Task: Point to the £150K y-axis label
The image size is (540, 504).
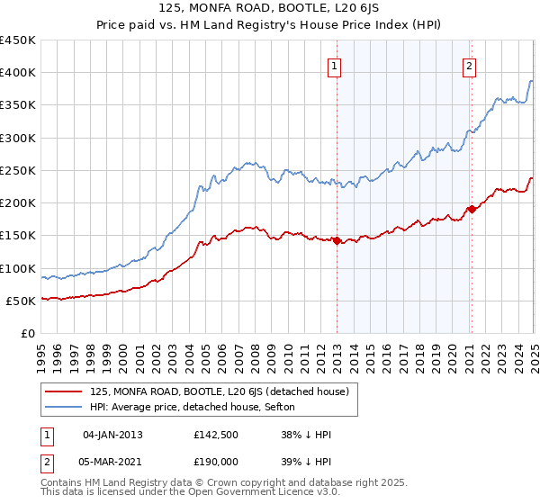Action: tap(18, 236)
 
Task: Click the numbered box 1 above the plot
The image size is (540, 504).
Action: tap(334, 65)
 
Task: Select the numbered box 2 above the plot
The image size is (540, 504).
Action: tap(470, 65)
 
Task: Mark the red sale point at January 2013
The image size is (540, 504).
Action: tap(337, 240)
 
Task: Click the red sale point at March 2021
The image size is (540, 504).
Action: tap(471, 210)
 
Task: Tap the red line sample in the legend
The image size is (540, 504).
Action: tap(65, 391)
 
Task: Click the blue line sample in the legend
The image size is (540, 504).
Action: tap(65, 408)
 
